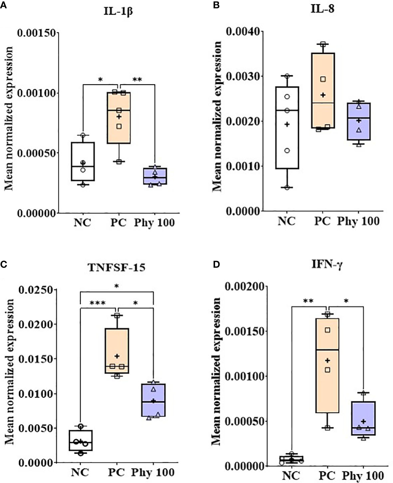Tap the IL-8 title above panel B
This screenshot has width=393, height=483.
coord(322,9)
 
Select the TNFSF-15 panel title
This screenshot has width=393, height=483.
coord(116,268)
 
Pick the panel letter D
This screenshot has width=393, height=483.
coord(216,264)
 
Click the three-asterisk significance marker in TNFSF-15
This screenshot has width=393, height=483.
coord(98,303)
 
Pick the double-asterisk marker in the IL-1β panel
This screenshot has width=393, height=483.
coord(137,80)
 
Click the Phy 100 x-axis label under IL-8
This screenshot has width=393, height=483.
coord(358,221)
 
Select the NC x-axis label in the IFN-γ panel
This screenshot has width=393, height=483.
coord(291,475)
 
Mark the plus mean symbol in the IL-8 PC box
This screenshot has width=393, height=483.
coord(322,95)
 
